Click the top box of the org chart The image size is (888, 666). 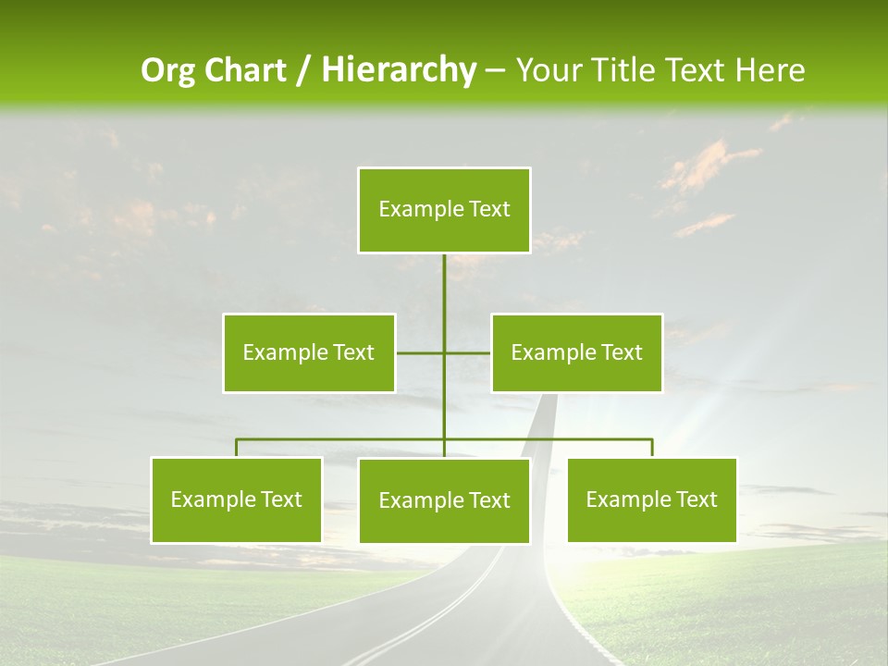(x=444, y=210)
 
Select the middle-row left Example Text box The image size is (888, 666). (x=309, y=352)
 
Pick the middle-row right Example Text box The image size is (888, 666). (x=576, y=352)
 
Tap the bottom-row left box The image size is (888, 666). (x=236, y=499)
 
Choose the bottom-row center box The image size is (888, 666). (x=444, y=500)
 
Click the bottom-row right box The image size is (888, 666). (x=651, y=499)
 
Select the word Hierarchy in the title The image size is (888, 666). (x=399, y=70)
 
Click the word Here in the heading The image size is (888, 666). (x=770, y=70)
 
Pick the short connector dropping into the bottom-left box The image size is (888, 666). (x=236, y=448)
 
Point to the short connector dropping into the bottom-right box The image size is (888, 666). (x=652, y=448)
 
